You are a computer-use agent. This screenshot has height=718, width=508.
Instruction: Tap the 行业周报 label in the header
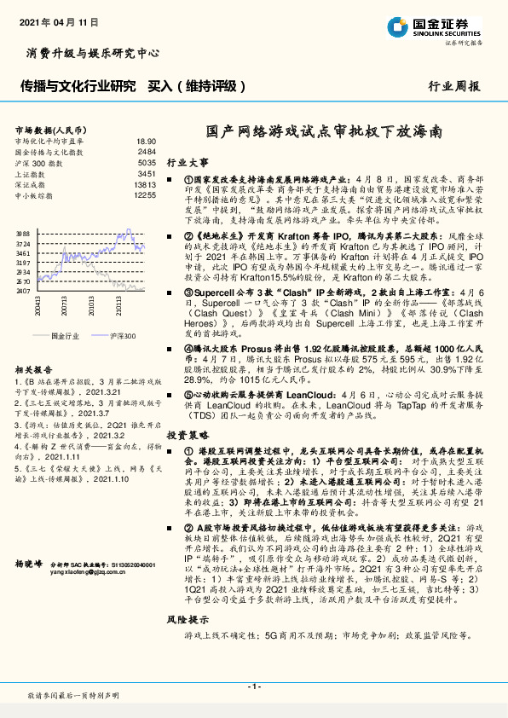(455, 86)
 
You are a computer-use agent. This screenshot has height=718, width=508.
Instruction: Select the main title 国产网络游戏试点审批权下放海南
(326, 133)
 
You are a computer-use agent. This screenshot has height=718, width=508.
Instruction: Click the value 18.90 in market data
(146, 140)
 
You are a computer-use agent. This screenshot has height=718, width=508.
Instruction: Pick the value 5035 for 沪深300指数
(147, 162)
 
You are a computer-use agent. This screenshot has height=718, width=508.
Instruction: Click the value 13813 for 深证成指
(145, 184)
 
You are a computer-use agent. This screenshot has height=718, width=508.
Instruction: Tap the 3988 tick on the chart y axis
(23, 232)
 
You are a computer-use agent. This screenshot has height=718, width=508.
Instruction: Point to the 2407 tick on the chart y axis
(23, 291)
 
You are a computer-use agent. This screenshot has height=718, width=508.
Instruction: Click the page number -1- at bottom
(253, 686)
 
